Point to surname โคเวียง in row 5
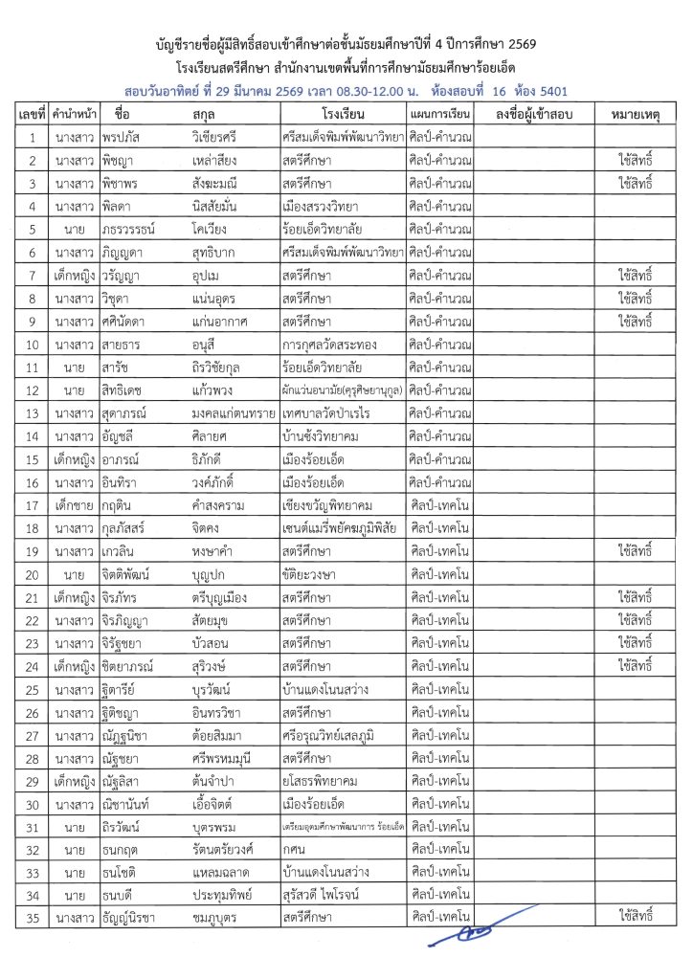(213, 230)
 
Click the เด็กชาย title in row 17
(73, 504)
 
